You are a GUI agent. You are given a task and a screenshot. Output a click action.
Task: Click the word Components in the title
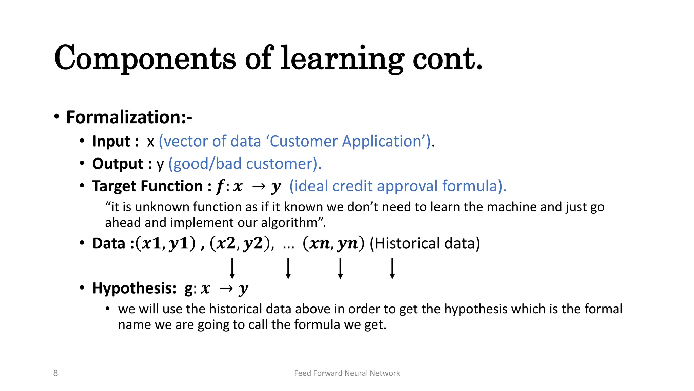click(144, 58)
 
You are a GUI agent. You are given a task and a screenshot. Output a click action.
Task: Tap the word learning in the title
click(342, 58)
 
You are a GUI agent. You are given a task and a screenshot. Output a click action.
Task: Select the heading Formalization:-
click(129, 117)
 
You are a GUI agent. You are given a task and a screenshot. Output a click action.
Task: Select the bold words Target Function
click(147, 186)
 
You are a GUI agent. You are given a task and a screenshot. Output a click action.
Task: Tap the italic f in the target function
click(220, 186)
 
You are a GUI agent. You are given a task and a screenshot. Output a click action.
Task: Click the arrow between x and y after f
click(259, 186)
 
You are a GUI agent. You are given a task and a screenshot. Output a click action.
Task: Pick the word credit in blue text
click(352, 186)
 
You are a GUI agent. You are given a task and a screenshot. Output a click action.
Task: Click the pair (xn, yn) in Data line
click(333, 243)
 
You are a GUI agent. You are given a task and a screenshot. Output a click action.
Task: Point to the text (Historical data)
click(425, 243)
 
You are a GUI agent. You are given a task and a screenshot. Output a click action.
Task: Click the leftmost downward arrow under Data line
click(232, 268)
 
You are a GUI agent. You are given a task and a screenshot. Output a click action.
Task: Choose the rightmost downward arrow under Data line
click(392, 268)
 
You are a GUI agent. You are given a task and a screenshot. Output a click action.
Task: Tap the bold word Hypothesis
click(134, 288)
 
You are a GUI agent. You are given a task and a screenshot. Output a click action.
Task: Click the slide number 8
click(55, 373)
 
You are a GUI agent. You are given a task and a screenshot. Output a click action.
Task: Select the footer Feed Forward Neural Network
click(347, 373)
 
